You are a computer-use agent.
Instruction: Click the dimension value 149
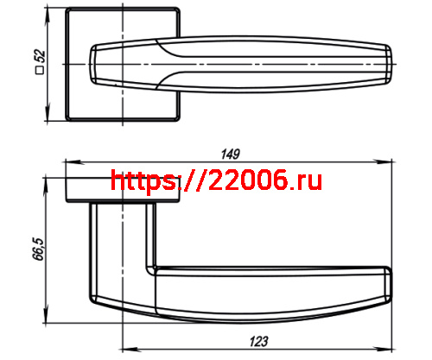pos(229,155)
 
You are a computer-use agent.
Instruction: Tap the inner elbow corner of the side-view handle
pos(156,266)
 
